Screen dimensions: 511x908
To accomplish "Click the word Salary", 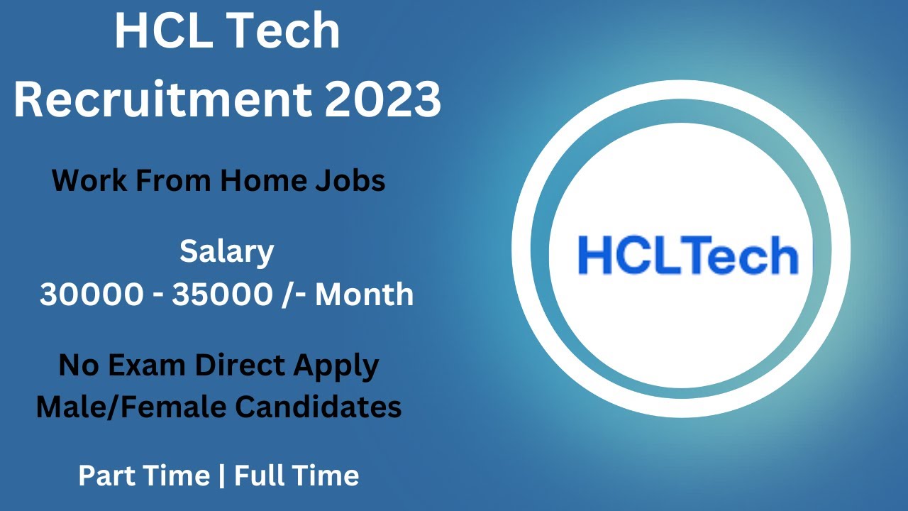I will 227,252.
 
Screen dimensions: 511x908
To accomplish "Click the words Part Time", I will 144,476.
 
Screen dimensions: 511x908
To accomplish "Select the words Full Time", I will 297,476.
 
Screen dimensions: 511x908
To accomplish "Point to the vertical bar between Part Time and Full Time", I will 222,476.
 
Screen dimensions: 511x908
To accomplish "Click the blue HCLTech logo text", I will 687,255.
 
